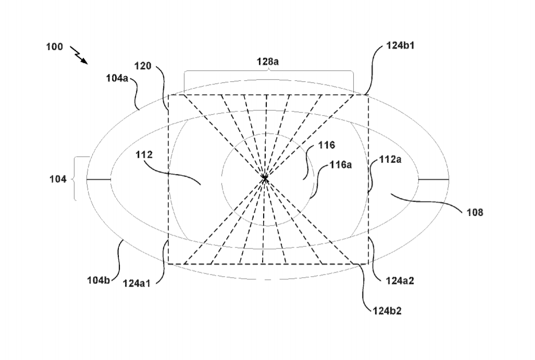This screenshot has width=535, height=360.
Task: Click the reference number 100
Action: (55, 46)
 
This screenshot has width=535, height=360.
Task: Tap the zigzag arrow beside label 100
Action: (79, 55)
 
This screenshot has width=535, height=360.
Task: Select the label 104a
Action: (117, 78)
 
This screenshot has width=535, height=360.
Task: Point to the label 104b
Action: (98, 280)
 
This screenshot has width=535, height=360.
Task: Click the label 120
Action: (143, 66)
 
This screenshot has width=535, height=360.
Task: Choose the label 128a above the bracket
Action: (268, 61)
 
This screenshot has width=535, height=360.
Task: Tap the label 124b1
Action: (400, 45)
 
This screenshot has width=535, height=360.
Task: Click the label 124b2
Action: (387, 311)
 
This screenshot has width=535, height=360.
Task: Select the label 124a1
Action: (136, 283)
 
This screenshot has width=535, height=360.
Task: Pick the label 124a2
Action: (400, 280)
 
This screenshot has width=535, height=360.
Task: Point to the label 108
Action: (475, 212)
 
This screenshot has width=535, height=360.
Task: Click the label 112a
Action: (390, 159)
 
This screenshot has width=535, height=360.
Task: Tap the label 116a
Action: (341, 165)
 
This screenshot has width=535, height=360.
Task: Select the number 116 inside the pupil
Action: (327, 145)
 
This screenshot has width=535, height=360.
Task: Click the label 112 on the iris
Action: (144, 155)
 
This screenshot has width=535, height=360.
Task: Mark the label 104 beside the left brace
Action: (58, 179)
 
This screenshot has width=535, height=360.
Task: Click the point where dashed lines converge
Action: (265, 178)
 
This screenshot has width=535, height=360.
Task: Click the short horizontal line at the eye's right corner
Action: (433, 179)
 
